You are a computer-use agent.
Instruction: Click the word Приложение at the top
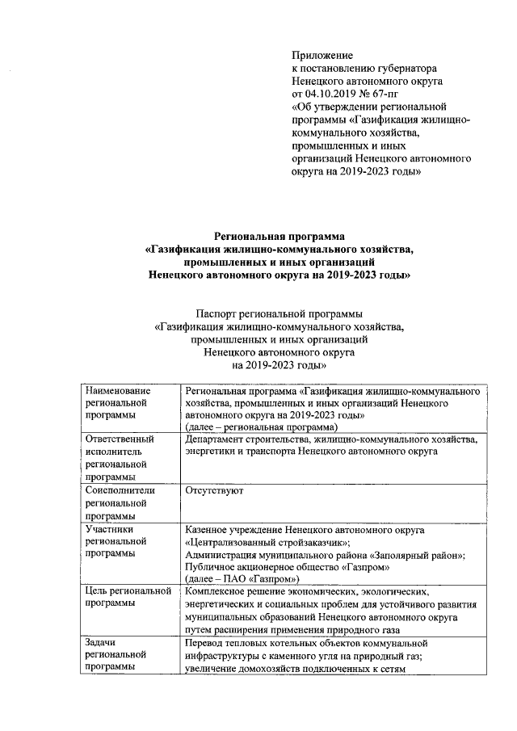pos(322,55)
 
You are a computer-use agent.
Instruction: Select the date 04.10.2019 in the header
pos(333,94)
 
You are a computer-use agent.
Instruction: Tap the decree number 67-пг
pos(397,94)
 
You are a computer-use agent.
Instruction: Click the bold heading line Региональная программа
pos(279,237)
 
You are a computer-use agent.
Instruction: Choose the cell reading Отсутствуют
pos(214,490)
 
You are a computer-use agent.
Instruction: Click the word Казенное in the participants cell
pos(209,530)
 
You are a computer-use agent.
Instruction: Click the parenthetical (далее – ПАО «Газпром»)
pos(242,579)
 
